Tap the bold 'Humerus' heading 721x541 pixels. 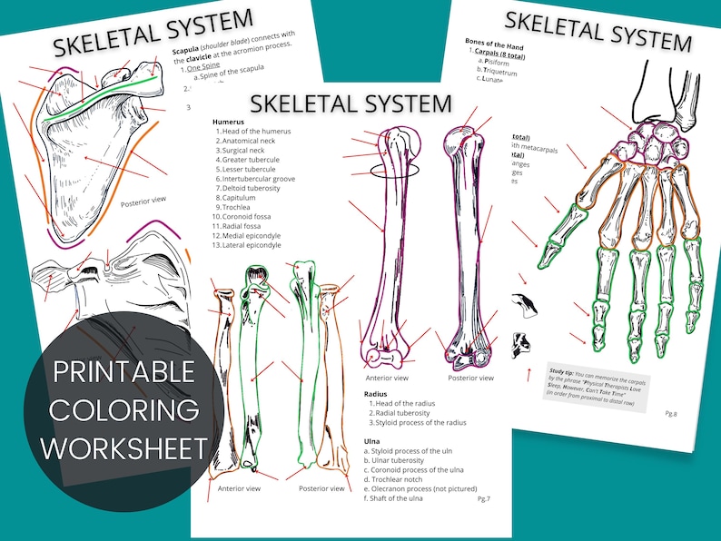coord(229,121)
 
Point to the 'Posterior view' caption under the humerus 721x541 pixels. coord(471,377)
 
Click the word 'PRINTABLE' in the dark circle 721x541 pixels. coord(123,372)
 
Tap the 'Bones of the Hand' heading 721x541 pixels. coord(496,42)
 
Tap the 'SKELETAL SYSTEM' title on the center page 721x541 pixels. coord(351,102)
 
